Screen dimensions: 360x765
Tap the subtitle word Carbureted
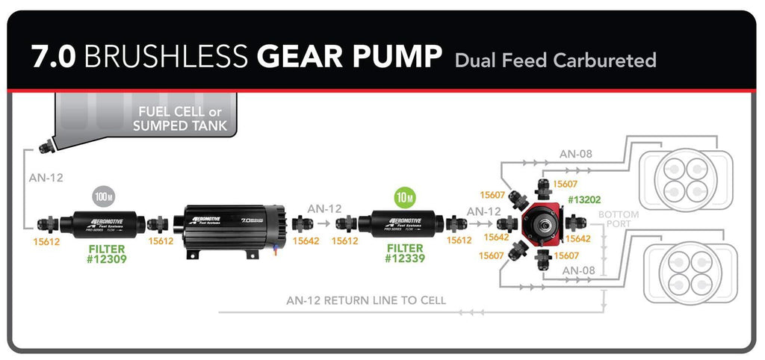[x=606, y=60]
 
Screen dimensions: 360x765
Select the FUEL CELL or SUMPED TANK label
[x=179, y=119]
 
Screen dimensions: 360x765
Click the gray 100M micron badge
[x=103, y=197]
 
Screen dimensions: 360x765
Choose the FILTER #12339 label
[x=404, y=254]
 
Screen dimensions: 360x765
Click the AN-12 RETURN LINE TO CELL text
[x=366, y=301]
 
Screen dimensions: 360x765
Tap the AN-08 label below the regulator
[x=580, y=270]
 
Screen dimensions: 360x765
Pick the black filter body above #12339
[x=400, y=223]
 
